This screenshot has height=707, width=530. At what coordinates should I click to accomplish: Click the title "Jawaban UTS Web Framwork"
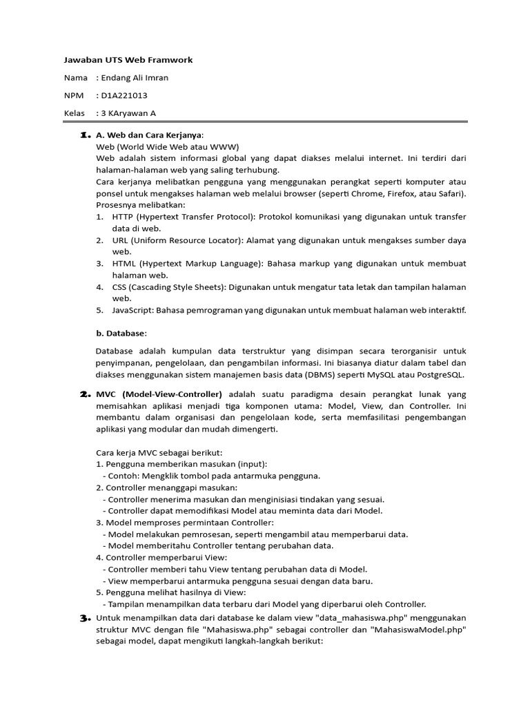click(x=128, y=60)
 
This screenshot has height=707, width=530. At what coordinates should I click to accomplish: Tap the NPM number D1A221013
click(x=124, y=96)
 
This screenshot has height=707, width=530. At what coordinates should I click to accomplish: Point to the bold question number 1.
click(x=86, y=134)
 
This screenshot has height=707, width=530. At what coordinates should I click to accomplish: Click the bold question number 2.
click(x=86, y=394)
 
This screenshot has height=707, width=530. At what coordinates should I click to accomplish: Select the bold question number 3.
click(x=86, y=617)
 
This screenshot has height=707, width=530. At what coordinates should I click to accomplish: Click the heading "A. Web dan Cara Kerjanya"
click(x=150, y=135)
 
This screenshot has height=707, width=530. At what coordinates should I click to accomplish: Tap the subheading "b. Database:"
click(x=121, y=333)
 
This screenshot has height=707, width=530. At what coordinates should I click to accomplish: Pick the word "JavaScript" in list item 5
click(x=132, y=310)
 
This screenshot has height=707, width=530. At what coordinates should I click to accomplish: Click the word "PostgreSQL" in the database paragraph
click(x=441, y=375)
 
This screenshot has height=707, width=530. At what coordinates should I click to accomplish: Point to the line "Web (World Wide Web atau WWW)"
click(x=168, y=147)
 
